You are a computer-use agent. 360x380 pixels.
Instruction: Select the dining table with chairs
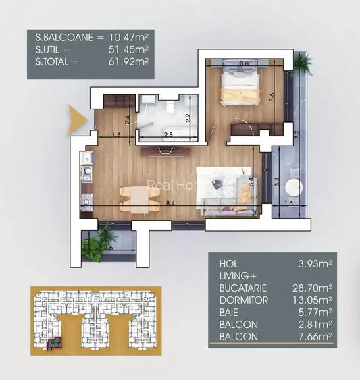[x=136, y=196]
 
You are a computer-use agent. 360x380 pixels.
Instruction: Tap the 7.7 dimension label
[x=297, y=132]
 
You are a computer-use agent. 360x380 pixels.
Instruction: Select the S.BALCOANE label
[x=64, y=38]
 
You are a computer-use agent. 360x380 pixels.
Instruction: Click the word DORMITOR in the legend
[x=244, y=300]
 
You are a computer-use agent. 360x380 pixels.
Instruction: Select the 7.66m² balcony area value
[x=315, y=336]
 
